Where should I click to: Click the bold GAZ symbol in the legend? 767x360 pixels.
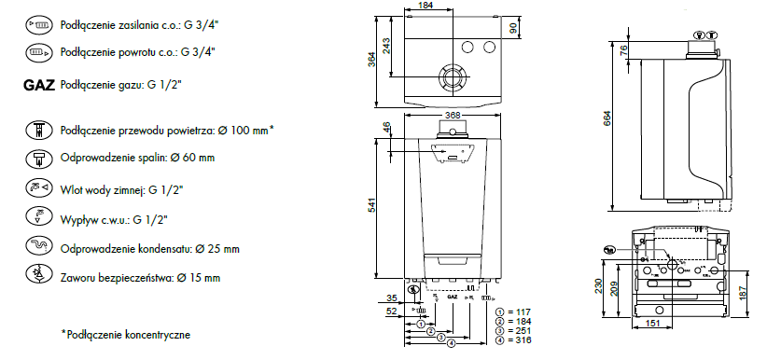39,85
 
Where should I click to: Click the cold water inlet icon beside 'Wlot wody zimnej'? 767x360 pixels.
38,187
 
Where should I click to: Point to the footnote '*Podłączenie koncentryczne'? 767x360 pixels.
126,335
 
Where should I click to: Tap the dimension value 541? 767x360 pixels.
371,207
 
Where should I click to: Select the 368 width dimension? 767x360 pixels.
453,116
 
